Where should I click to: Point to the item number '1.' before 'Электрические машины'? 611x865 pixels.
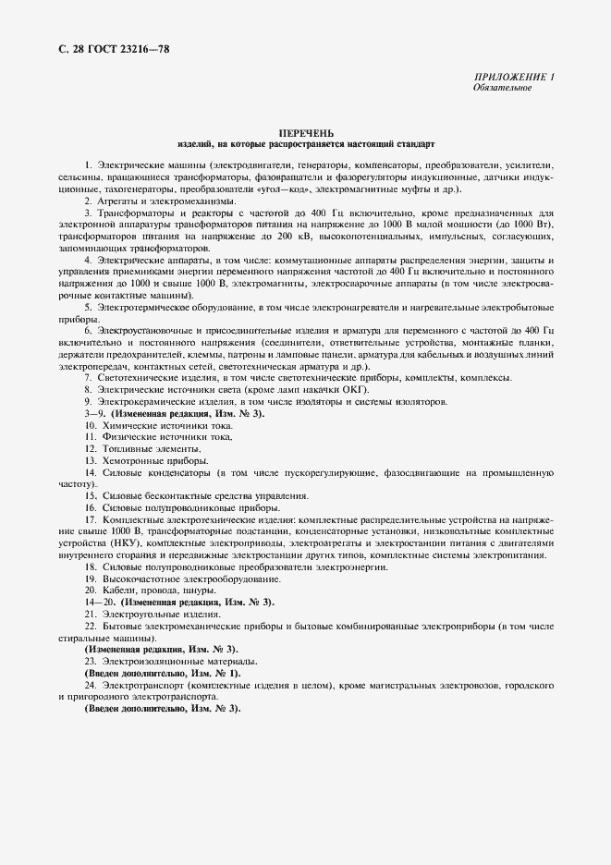click(x=89, y=164)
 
